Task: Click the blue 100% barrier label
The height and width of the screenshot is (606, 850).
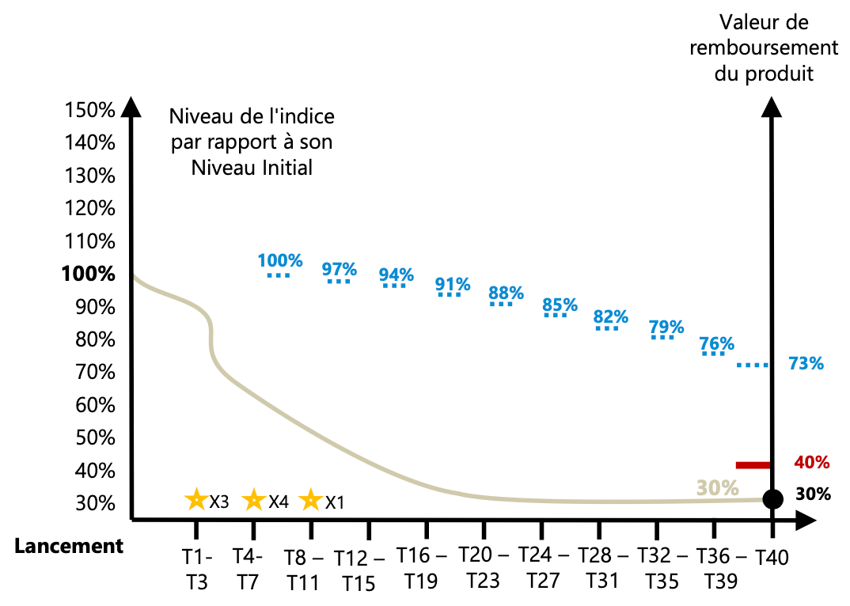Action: pyautogui.click(x=280, y=260)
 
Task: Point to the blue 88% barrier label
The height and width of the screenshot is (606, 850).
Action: pyautogui.click(x=506, y=293)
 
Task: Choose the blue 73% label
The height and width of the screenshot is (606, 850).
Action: pyautogui.click(x=806, y=364)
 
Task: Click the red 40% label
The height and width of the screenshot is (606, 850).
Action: pyautogui.click(x=810, y=462)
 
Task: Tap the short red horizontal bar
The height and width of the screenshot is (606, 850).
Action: pyautogui.click(x=753, y=465)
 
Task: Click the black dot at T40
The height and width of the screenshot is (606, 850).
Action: pyautogui.click(x=772, y=499)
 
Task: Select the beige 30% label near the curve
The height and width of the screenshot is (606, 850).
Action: pyautogui.click(x=717, y=487)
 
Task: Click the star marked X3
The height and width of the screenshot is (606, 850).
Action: pyautogui.click(x=195, y=500)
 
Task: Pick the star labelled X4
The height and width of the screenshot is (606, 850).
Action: pyautogui.click(x=253, y=500)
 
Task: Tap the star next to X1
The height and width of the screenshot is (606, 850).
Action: pyautogui.click(x=311, y=500)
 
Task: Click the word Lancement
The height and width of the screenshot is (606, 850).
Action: pyautogui.click(x=68, y=546)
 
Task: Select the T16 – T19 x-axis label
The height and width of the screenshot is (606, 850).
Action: pyautogui.click(x=421, y=568)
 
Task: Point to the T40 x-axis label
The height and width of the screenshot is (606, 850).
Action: pyautogui.click(x=772, y=557)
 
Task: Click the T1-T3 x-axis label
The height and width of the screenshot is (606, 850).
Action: pyautogui.click(x=197, y=568)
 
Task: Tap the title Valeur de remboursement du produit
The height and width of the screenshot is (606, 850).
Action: pyautogui.click(x=763, y=48)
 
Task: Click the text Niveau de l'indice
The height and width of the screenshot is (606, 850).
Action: pyautogui.click(x=252, y=116)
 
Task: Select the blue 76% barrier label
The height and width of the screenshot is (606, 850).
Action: pyautogui.click(x=716, y=344)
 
